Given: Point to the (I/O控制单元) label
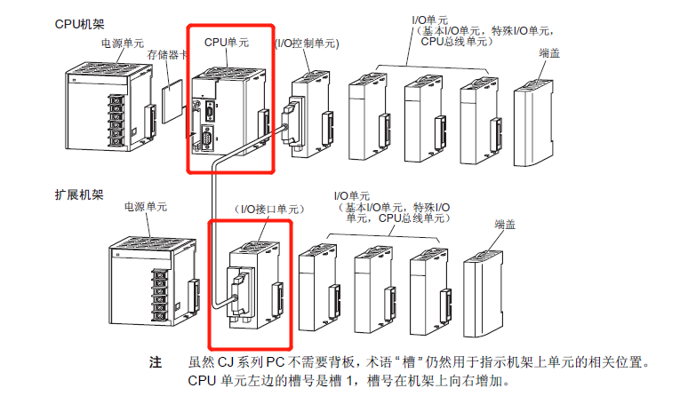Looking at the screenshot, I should click(307, 42).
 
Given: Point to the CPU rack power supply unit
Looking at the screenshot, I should click(98, 115).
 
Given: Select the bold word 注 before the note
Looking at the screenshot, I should click(156, 363).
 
